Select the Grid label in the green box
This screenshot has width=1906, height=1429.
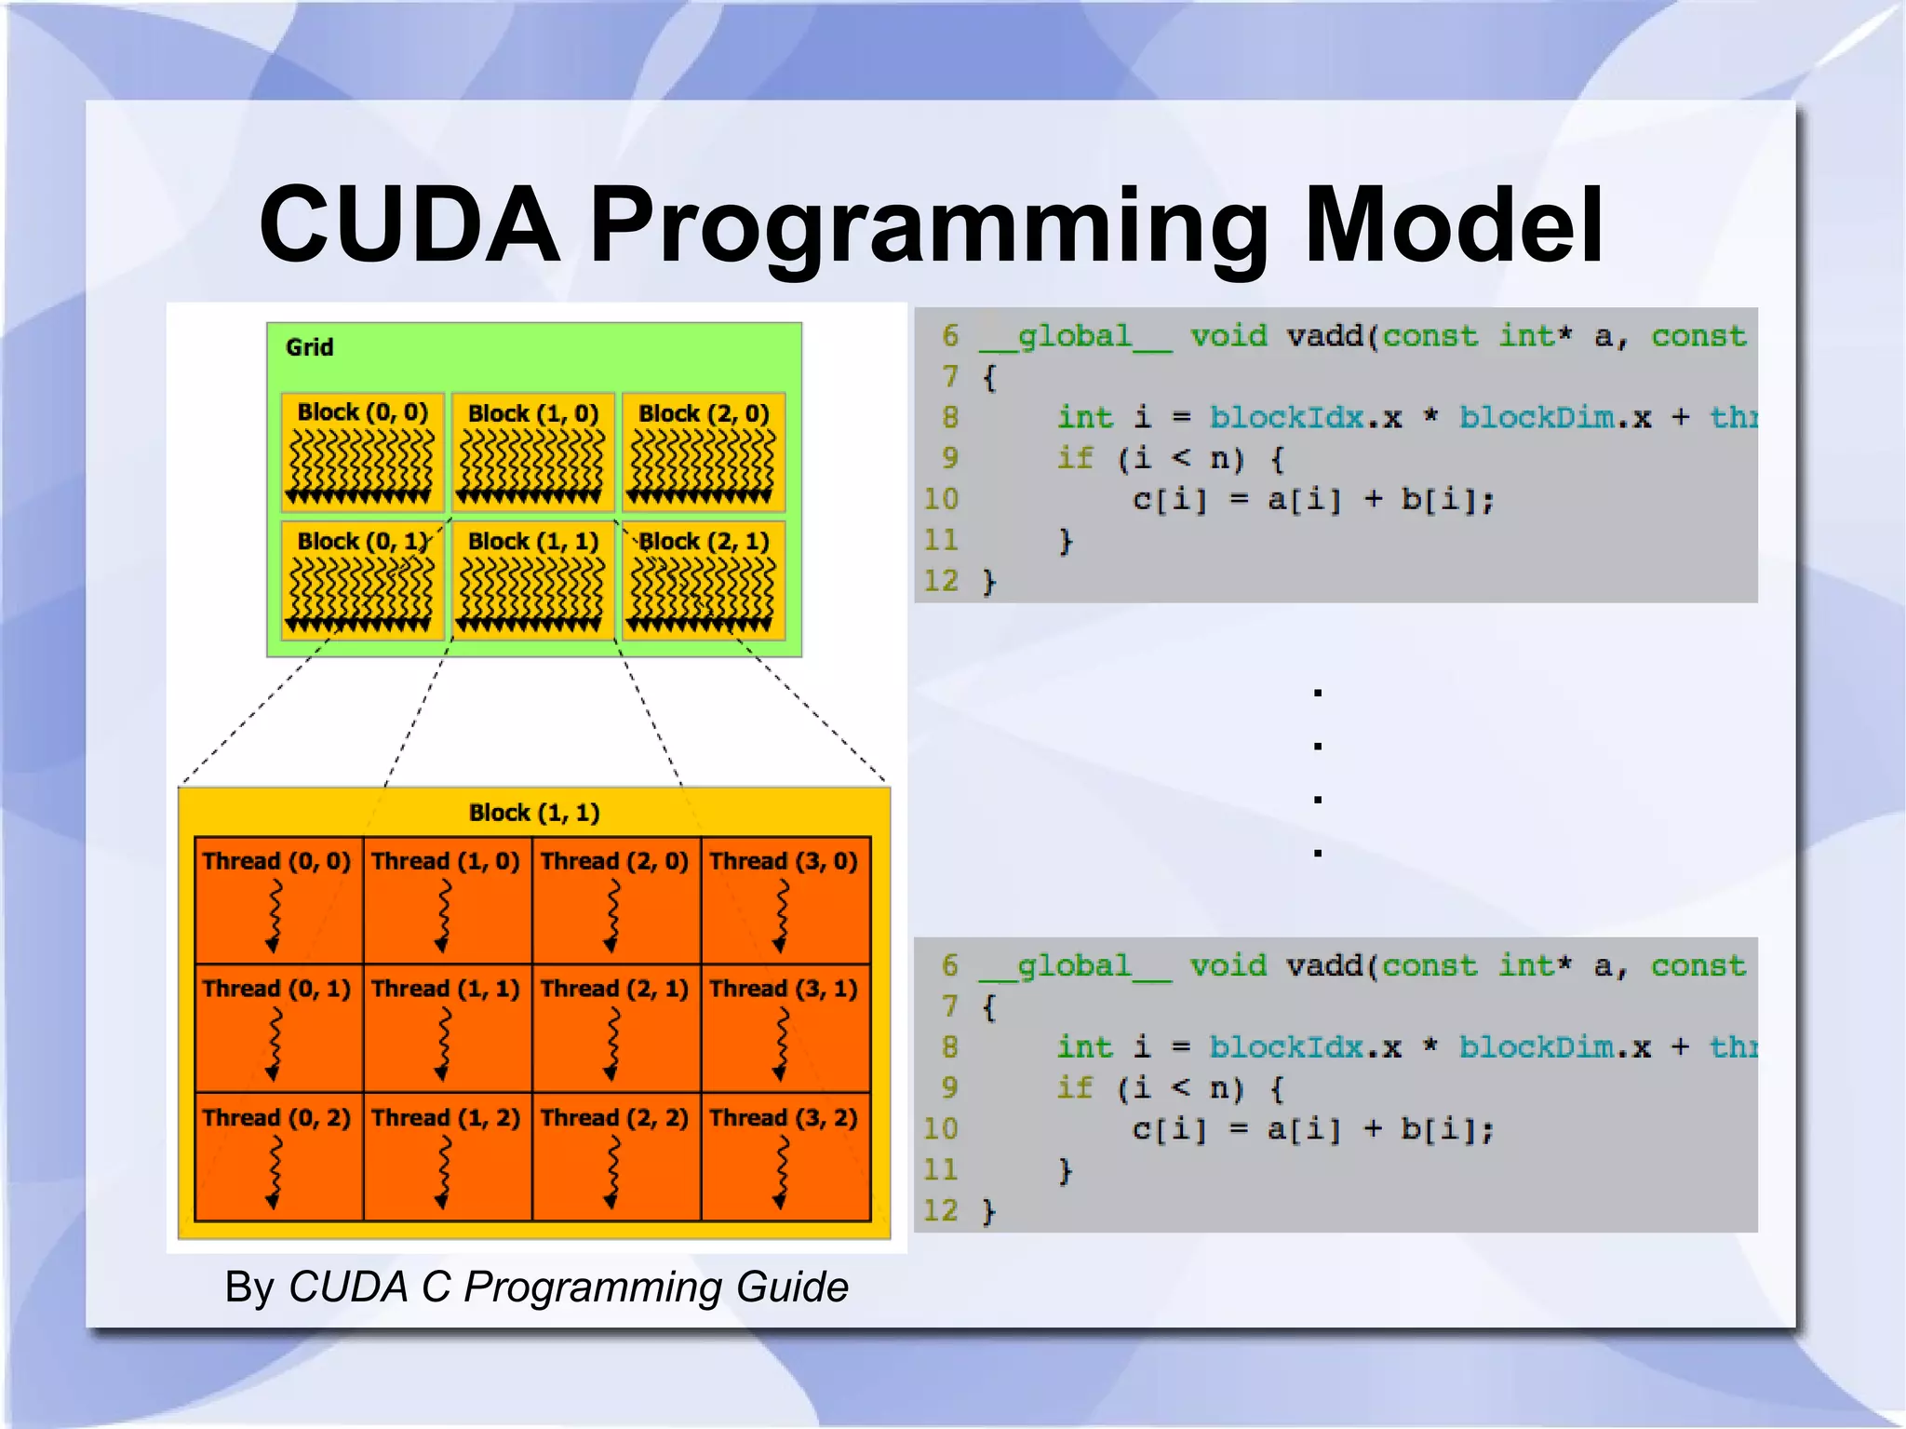(x=309, y=347)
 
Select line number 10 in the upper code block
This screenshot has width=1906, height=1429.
(x=940, y=499)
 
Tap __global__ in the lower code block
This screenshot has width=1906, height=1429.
(x=1075, y=965)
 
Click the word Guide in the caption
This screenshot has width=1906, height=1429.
(x=791, y=1287)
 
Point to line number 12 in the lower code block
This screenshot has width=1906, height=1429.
(x=940, y=1210)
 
